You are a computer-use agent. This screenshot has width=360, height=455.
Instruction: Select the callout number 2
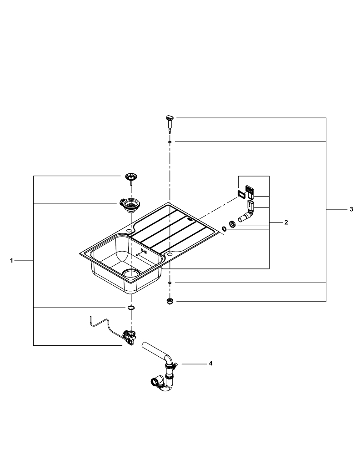(x=286, y=222)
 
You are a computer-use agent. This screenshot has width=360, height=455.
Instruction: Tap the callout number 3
(x=351, y=209)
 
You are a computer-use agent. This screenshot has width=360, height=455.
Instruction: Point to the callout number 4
(x=210, y=364)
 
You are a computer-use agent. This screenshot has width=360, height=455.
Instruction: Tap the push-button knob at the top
(x=169, y=121)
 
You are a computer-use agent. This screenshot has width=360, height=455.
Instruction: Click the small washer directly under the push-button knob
(x=170, y=142)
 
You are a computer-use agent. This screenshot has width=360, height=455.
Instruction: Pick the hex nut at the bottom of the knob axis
(x=170, y=301)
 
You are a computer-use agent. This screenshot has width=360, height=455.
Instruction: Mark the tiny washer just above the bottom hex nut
(x=170, y=283)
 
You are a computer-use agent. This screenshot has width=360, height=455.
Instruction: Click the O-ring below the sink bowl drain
(x=131, y=308)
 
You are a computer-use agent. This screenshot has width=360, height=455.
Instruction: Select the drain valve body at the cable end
(x=130, y=337)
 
